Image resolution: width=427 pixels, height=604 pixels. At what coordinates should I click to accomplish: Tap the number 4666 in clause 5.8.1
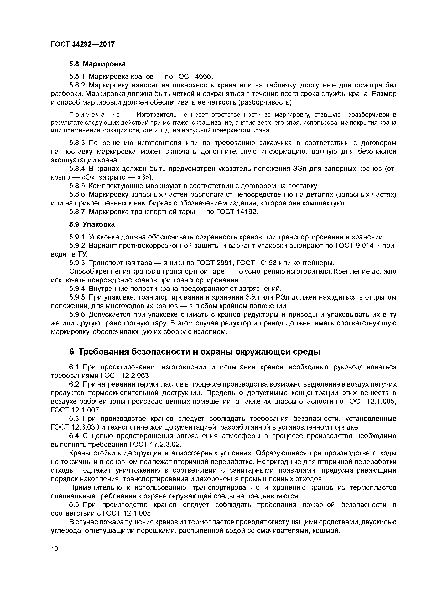point(204,77)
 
